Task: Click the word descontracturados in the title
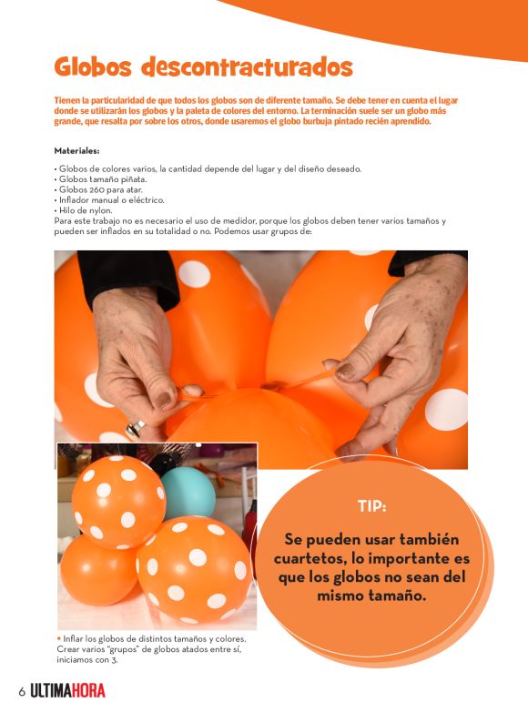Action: click(248, 67)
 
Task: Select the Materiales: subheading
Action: click(76, 151)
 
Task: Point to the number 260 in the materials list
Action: click(96, 189)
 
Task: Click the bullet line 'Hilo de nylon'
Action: click(83, 210)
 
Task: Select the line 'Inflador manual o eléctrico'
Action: click(109, 200)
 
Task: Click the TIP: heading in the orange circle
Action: click(372, 506)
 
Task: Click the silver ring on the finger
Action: click(135, 428)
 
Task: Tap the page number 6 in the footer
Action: click(22, 692)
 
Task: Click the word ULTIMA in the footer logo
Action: click(50, 691)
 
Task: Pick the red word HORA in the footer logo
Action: click(88, 691)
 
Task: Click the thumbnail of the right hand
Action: click(345, 372)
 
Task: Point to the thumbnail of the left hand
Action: click(164, 401)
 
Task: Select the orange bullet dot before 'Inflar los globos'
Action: click(58, 638)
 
